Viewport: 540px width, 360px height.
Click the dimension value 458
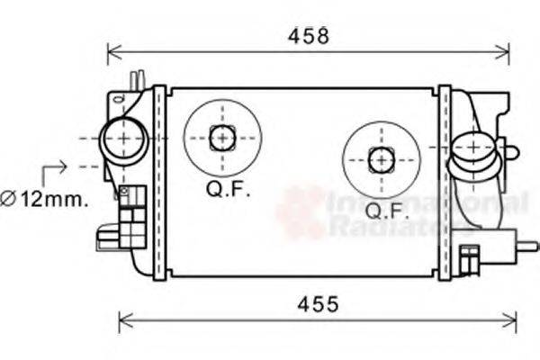pyautogui.click(x=309, y=36)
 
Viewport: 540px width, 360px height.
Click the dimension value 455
pyautogui.click(x=319, y=304)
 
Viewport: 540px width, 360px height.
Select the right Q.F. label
pyautogui.click(x=388, y=211)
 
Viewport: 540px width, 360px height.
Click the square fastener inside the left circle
pyautogui.click(x=221, y=138)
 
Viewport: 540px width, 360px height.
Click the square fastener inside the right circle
pyautogui.click(x=382, y=159)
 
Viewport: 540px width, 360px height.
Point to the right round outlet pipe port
pyautogui.click(x=471, y=148)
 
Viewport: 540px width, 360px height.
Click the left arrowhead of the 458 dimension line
pyautogui.click(x=112, y=50)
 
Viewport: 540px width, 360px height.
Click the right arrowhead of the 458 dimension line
pyautogui.click(x=505, y=50)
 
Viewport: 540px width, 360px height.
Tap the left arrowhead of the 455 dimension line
pyautogui.click(x=124, y=318)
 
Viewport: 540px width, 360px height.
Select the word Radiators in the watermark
pyautogui.click(x=396, y=227)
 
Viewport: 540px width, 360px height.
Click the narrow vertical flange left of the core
pyautogui.click(x=159, y=180)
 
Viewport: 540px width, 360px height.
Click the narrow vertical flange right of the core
pyautogui.click(x=444, y=180)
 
